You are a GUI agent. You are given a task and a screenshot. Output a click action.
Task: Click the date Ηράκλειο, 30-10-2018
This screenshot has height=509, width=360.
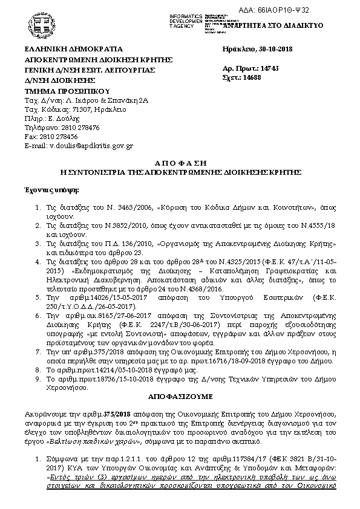pyautogui.click(x=257, y=49)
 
